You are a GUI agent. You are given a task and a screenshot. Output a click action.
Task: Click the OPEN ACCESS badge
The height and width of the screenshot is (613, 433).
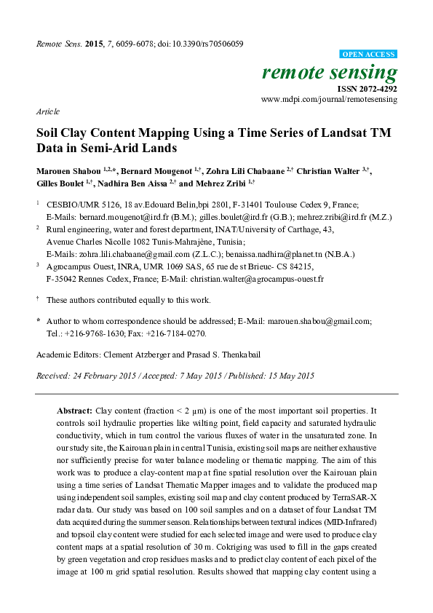click(x=369, y=55)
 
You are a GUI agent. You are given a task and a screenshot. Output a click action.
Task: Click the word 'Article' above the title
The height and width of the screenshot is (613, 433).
click(x=47, y=112)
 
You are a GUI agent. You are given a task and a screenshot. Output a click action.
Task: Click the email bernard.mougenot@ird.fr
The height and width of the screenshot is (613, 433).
click(x=115, y=217)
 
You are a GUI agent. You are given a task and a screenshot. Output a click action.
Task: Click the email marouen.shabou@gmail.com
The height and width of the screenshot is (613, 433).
click(x=322, y=320)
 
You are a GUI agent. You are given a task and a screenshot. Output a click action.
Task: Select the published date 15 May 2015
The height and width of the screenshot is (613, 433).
click(x=287, y=376)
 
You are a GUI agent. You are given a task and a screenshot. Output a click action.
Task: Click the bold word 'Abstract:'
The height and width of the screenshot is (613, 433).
click(x=75, y=411)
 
